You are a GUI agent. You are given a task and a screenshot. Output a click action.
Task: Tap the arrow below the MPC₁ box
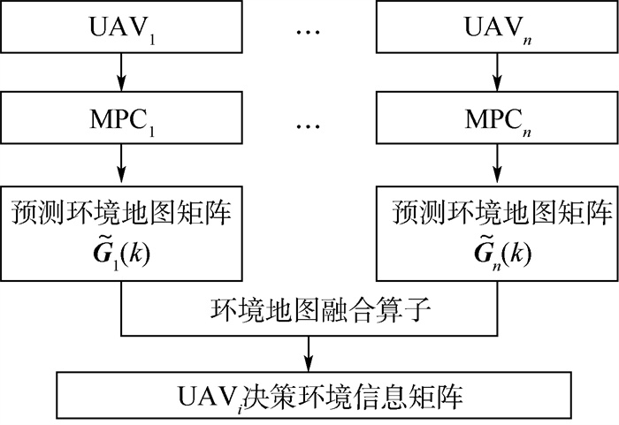tap(121, 163)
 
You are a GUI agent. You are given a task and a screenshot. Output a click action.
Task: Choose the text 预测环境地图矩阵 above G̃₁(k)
tap(121, 213)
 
